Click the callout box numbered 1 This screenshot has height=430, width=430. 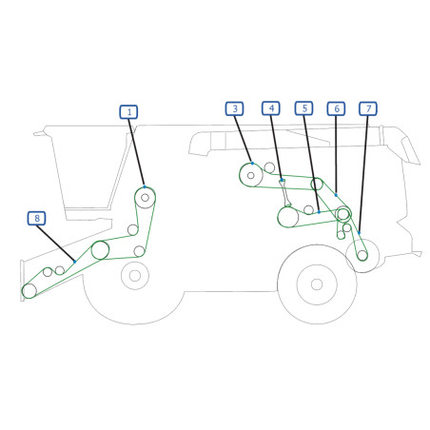click(128, 112)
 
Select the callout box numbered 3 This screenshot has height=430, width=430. click(235, 108)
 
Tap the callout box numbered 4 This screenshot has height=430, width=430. click(271, 108)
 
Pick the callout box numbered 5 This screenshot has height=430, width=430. click(304, 108)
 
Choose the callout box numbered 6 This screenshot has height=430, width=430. click(337, 108)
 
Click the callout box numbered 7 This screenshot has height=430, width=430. click(368, 108)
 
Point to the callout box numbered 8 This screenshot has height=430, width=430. click(37, 218)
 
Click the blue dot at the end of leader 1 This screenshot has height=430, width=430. click(145, 186)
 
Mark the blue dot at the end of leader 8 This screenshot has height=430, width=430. click(75, 262)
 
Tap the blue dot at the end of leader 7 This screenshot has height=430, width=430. click(359, 233)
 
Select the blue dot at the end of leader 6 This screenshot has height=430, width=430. click(336, 195)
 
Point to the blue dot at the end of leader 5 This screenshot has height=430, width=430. click(319, 212)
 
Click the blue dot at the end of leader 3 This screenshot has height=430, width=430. click(252, 164)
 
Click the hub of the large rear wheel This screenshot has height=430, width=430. click(317, 284)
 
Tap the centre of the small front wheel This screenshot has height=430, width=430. click(135, 276)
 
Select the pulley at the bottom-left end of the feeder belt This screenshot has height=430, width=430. click(29, 291)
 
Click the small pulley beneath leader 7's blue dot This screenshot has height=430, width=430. click(362, 255)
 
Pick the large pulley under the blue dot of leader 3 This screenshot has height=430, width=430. click(251, 175)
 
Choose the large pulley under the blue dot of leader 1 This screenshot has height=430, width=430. click(145, 198)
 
